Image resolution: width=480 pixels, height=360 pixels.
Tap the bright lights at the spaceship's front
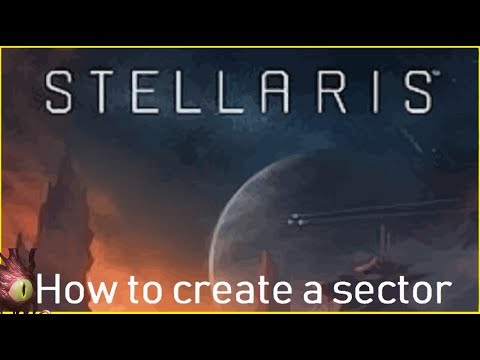point(295,218)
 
